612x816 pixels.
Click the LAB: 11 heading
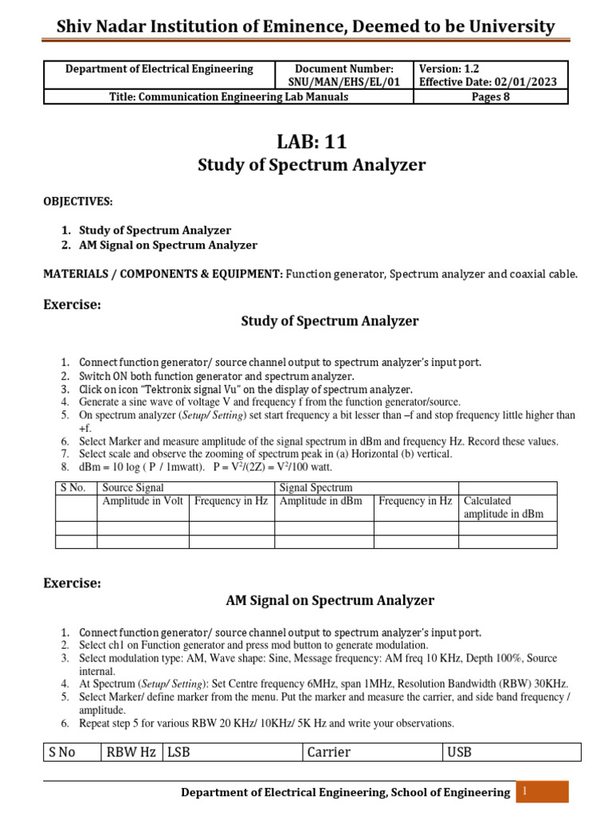tap(312, 142)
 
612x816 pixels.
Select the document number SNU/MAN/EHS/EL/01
tap(344, 82)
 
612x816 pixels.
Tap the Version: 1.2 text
tap(449, 69)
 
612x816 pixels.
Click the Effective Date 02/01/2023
tap(488, 82)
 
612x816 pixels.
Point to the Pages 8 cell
tap(490, 97)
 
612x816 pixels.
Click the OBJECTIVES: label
tap(78, 202)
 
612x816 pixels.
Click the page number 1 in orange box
tap(526, 790)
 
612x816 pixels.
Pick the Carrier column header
tap(328, 752)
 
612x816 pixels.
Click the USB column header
tap(459, 752)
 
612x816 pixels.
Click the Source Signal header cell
tap(133, 488)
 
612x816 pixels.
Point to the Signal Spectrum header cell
tap(316, 488)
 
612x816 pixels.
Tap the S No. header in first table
tap(73, 488)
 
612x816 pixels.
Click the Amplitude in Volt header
tap(143, 501)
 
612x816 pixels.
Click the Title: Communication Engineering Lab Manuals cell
tap(229, 97)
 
